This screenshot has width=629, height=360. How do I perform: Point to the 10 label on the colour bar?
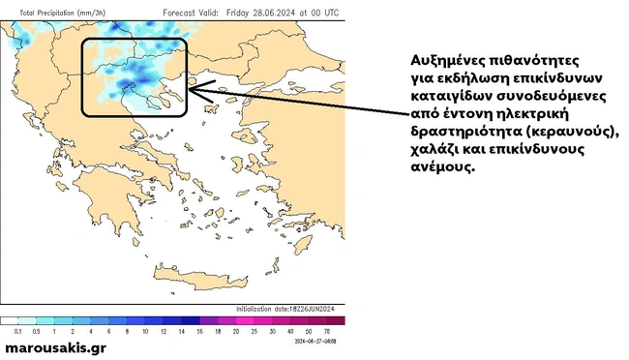145,331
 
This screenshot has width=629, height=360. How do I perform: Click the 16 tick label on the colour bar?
197,331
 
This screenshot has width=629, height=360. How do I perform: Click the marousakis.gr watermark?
56,346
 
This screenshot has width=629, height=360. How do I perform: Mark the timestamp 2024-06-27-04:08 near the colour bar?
319,340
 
